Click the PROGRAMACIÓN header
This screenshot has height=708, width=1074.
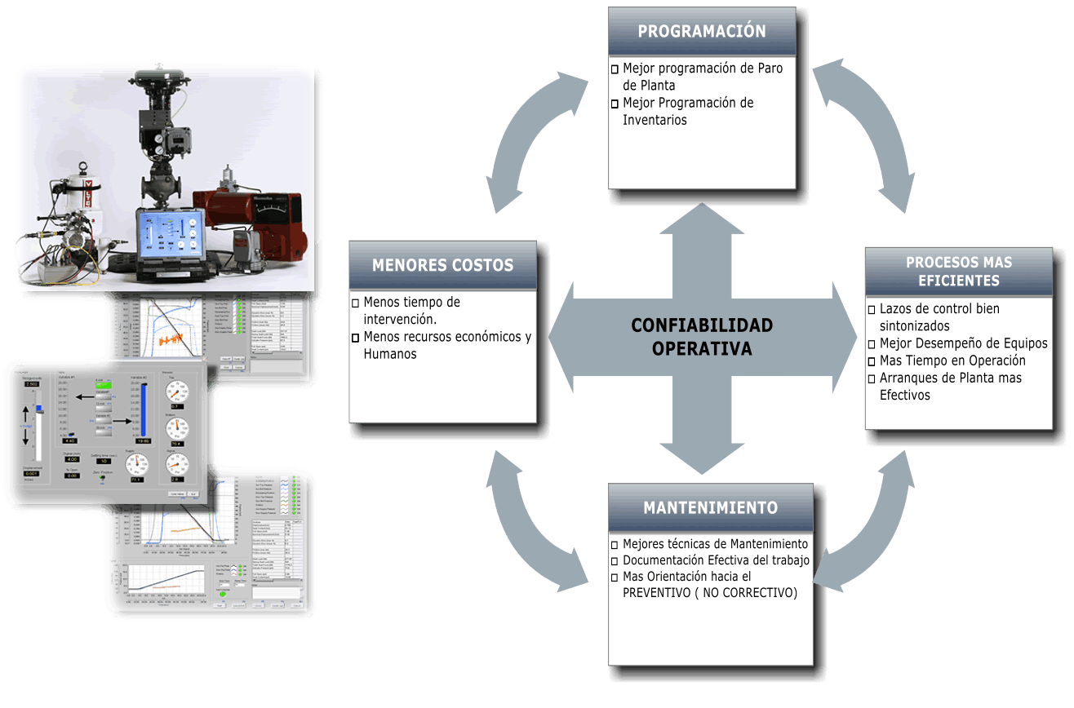click(x=702, y=32)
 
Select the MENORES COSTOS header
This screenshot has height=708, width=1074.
click(x=442, y=265)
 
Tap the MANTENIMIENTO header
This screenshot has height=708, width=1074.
click(x=710, y=507)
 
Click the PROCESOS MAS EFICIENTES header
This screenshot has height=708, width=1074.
click(x=958, y=272)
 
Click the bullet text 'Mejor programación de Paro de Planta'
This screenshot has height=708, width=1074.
click(x=702, y=77)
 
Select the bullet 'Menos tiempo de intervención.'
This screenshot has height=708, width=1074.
click(x=412, y=310)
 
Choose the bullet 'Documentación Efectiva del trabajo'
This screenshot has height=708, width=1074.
click(x=716, y=560)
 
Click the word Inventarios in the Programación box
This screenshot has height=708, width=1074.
click(x=655, y=121)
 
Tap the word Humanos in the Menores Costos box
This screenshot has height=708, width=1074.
click(x=390, y=354)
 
